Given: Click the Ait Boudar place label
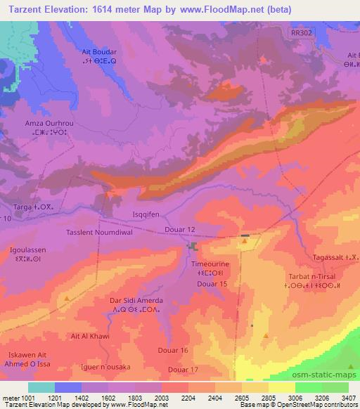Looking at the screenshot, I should pyautogui.click(x=98, y=53).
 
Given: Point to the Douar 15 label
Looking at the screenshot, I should pyautogui.click(x=214, y=283).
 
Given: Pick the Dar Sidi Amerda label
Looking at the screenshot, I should pyautogui.click(x=136, y=300).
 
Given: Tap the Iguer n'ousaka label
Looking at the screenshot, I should pyautogui.click(x=93, y=368).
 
